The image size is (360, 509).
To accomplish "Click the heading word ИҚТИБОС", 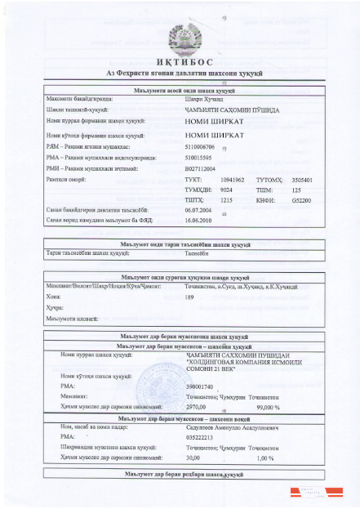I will (180, 62).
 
